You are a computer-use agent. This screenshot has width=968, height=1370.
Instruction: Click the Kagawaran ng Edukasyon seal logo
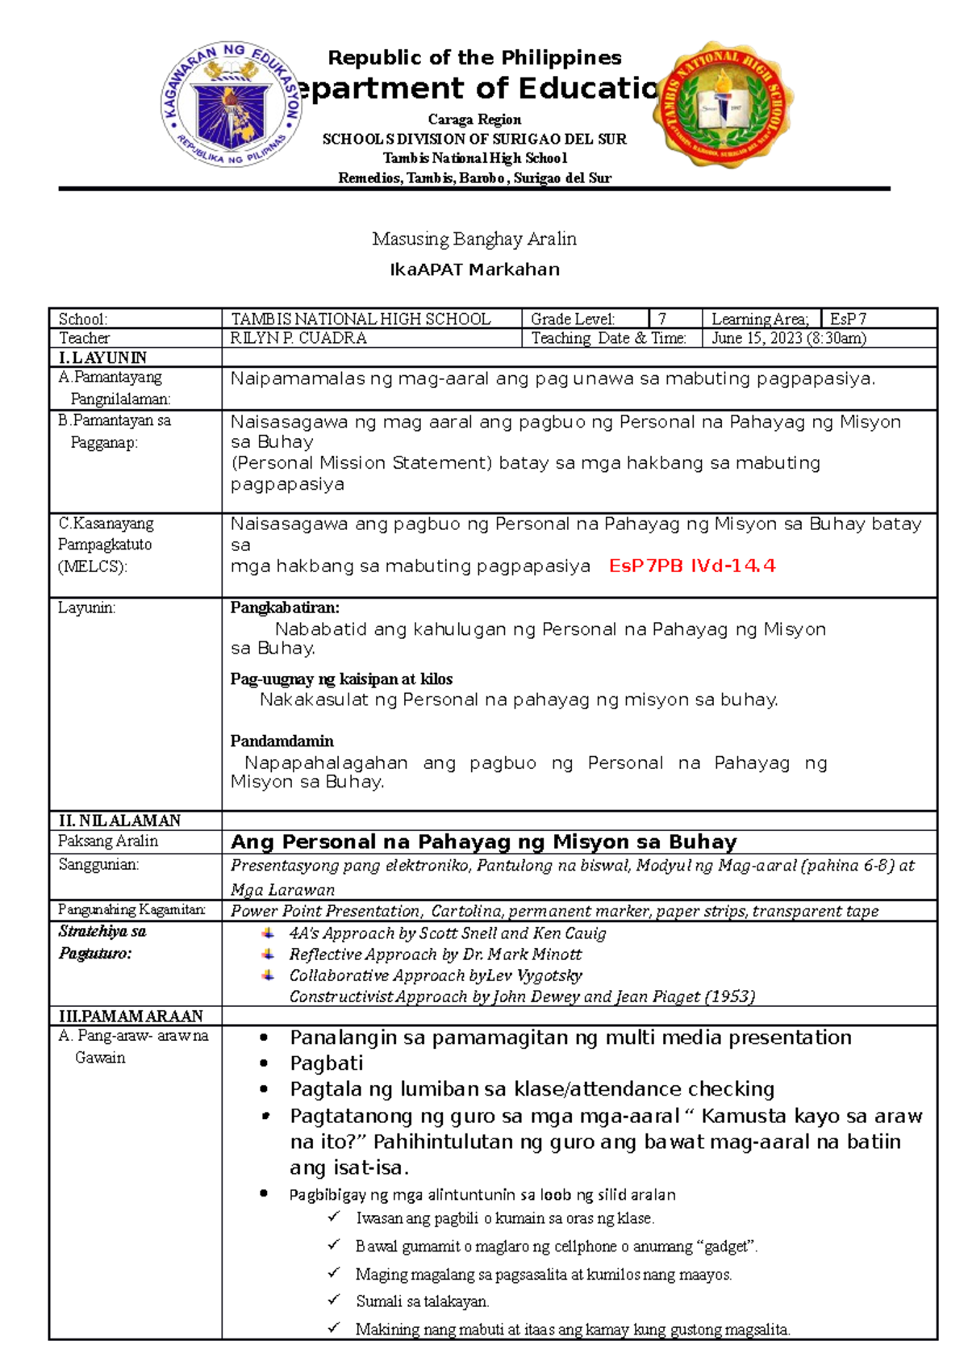232,104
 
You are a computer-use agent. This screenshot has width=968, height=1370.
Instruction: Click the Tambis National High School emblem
722,105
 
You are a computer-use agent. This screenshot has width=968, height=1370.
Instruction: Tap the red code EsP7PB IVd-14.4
692,566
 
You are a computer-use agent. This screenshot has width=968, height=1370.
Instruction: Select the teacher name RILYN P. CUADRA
298,339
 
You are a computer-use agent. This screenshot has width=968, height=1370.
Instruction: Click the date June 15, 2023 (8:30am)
788,339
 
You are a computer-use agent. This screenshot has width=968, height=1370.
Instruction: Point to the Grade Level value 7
662,320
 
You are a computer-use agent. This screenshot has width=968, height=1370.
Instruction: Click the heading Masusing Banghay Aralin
474,240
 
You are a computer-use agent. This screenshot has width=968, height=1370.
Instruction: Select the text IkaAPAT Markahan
474,270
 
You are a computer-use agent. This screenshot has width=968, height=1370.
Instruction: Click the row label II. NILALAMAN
119,821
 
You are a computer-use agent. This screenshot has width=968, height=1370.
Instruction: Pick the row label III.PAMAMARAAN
130,1017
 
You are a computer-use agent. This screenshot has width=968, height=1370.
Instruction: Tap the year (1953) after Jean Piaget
730,997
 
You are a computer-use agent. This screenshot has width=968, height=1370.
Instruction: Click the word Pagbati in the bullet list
327,1063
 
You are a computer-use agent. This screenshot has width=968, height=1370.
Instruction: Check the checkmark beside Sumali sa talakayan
334,1300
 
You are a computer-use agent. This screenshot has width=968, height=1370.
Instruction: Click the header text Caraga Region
474,119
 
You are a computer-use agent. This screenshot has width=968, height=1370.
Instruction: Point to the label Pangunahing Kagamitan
131,910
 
